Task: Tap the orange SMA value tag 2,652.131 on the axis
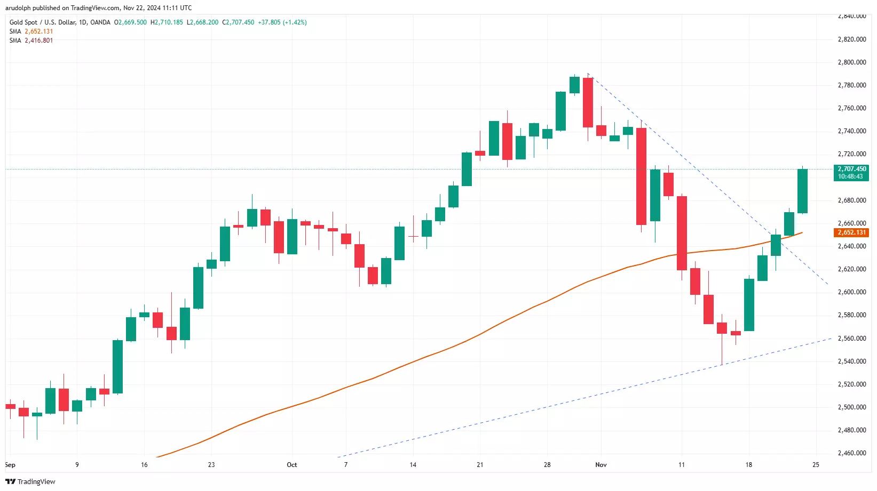pos(851,232)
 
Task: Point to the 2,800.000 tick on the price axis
pos(851,62)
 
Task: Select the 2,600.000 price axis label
pos(851,292)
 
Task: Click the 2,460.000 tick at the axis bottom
pos(851,453)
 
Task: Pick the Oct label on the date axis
pos(291,465)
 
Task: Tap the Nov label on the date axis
pos(601,465)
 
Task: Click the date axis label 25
pos(816,465)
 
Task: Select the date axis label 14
pos(413,465)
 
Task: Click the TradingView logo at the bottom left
pos(30,481)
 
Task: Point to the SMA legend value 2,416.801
pos(38,41)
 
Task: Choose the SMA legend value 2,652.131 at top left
pos(38,31)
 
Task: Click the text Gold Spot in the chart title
pos(23,22)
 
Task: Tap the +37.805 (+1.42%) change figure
pos(282,22)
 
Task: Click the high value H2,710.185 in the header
pos(167,22)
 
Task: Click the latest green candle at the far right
pos(802,191)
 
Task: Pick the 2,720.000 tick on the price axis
pos(851,154)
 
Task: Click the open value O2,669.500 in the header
pos(130,22)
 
